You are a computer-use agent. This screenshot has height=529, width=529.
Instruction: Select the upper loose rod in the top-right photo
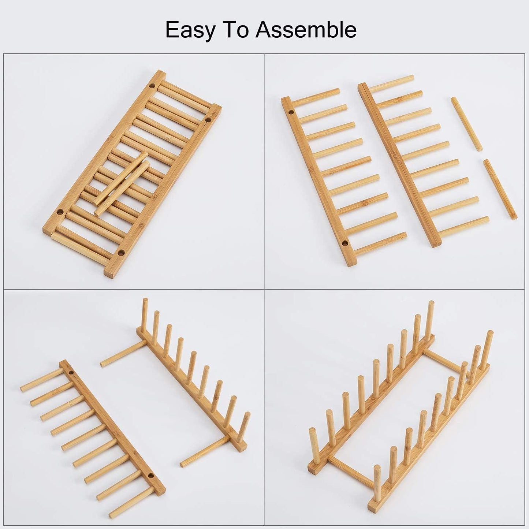point(466,124)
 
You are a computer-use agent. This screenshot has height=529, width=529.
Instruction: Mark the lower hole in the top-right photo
point(344,243)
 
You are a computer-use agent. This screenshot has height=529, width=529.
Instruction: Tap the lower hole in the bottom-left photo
point(150,476)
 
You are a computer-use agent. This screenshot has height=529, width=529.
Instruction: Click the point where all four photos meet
point(264,289)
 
